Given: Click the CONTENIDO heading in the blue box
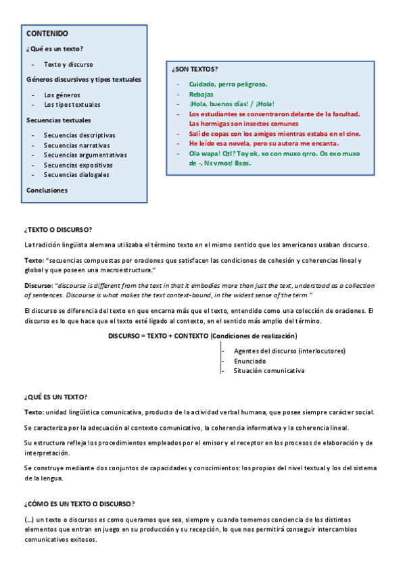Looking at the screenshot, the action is point(47,33).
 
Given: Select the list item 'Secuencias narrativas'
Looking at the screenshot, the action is point(76,145).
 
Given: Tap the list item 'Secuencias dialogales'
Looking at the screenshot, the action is point(76,174).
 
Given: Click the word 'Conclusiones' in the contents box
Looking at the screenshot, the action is point(47,191).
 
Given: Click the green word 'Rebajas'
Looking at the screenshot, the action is point(201,95).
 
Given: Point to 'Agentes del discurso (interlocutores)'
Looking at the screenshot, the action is point(289,351).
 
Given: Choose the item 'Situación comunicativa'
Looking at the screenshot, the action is point(269,370).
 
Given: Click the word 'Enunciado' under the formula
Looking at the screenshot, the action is point(249,361).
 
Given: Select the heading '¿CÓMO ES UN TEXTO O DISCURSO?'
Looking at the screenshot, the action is point(79,503).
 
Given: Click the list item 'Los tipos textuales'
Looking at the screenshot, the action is point(72,105).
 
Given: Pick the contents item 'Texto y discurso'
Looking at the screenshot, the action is point(68,64).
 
